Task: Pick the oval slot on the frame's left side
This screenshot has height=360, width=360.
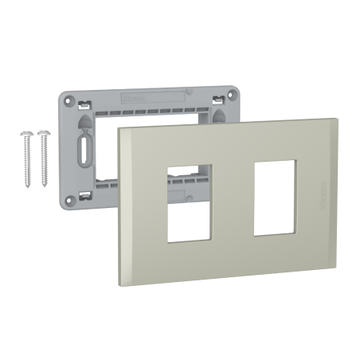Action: click(83, 151)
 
